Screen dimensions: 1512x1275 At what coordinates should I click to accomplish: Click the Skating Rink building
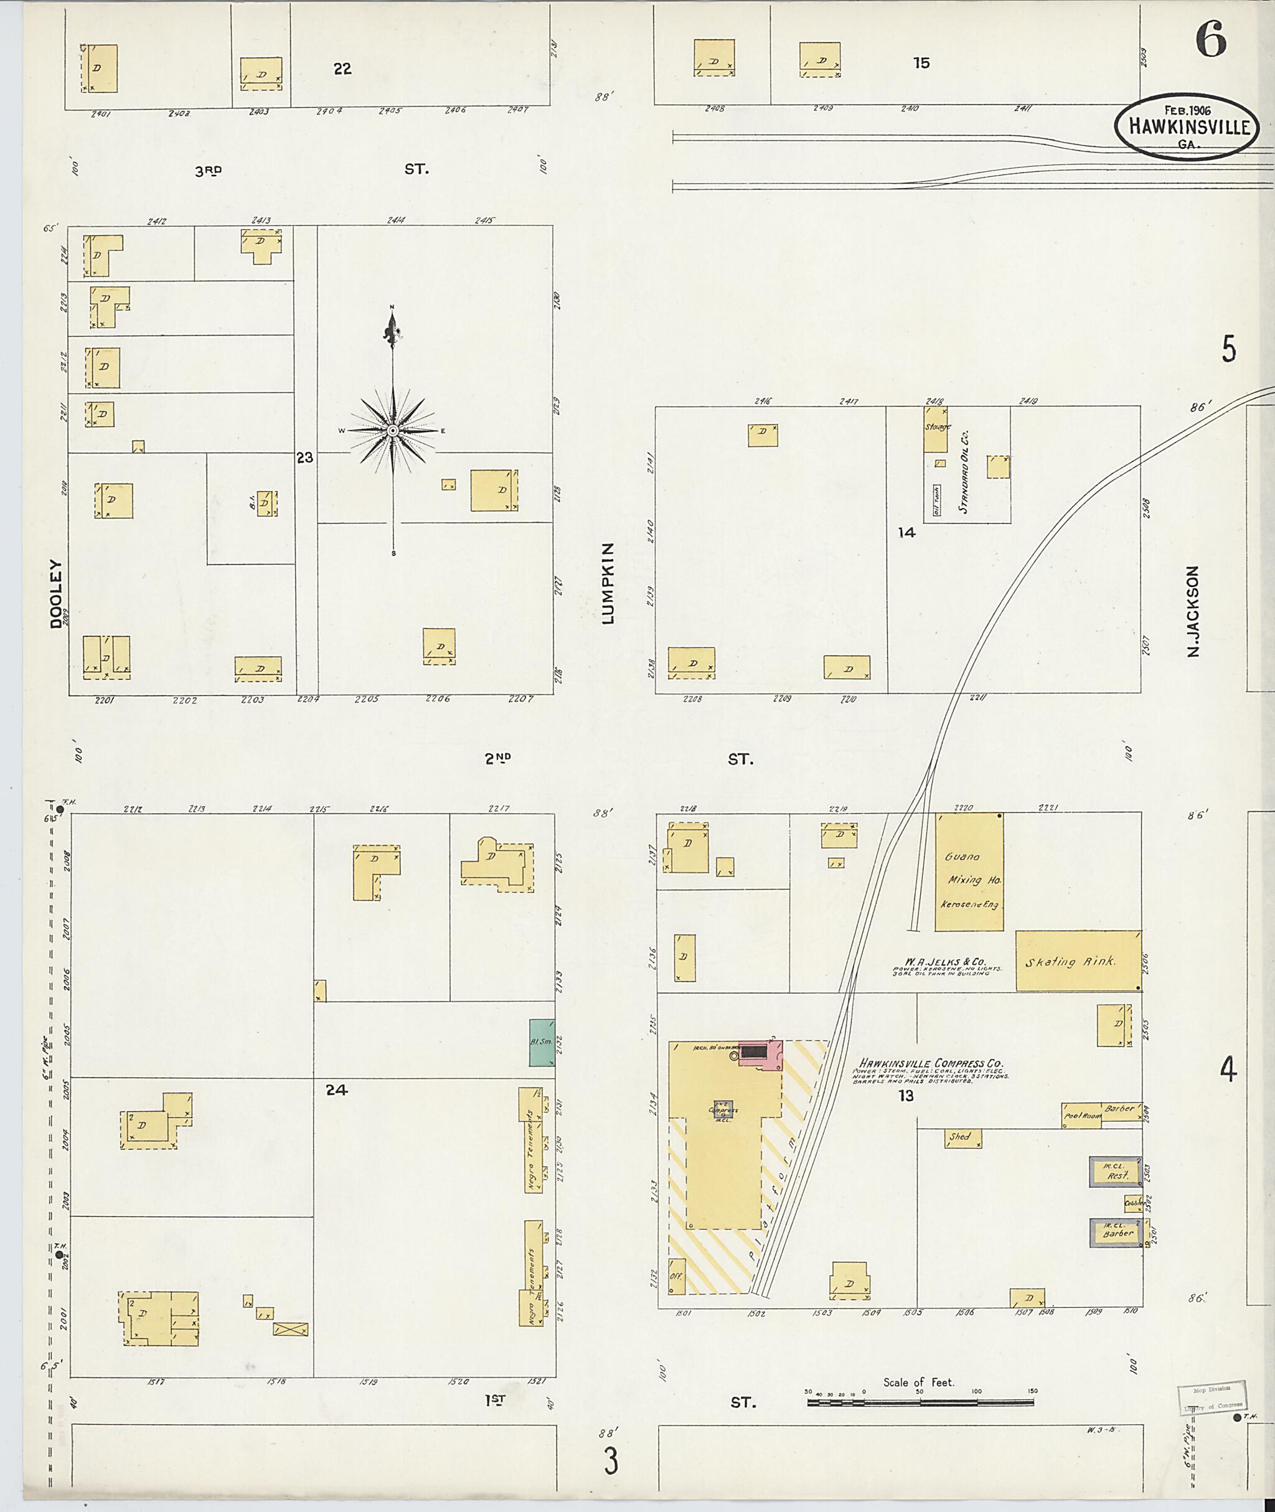[1078, 960]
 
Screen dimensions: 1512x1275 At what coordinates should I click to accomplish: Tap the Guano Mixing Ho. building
[969, 871]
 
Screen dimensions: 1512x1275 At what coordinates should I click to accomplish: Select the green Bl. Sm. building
[542, 1042]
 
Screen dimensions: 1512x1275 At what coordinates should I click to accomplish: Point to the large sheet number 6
[1211, 40]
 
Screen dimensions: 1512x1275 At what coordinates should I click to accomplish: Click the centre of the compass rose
[392, 431]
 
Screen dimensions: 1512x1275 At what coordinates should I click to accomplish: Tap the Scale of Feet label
[918, 1383]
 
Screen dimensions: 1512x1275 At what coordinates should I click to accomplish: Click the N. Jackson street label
[1193, 611]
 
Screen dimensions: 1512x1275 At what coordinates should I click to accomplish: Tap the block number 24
[336, 1090]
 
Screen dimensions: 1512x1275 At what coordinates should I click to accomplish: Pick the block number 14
[906, 533]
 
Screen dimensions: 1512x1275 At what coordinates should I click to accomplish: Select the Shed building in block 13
[962, 1139]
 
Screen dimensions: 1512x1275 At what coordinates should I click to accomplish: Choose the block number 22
[342, 68]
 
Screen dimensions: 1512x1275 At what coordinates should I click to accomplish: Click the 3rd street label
[207, 171]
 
